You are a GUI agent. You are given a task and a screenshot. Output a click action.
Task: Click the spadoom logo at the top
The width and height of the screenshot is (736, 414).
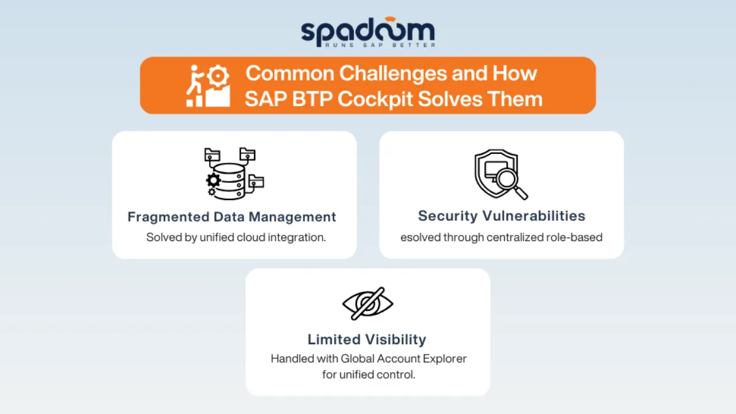click(368, 32)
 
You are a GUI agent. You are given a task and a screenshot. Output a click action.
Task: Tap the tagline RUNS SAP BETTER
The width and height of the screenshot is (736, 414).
click(380, 45)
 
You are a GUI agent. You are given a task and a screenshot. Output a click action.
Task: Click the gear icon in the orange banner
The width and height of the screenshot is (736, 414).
click(218, 76)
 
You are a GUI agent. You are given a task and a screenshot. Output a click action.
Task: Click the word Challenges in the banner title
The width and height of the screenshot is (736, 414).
click(393, 73)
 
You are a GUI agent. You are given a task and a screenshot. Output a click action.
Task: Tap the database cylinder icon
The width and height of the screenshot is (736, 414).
click(229, 182)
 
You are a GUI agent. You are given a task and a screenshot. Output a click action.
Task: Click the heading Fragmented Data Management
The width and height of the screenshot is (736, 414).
click(232, 217)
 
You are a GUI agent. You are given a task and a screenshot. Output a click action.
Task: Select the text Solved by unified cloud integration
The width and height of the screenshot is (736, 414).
click(236, 237)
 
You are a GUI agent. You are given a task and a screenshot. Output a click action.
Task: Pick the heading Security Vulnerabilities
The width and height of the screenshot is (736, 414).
click(502, 216)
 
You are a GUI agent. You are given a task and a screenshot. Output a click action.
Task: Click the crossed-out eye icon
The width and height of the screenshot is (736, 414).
click(367, 303)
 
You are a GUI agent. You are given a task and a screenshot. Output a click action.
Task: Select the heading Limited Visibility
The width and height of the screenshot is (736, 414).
click(367, 339)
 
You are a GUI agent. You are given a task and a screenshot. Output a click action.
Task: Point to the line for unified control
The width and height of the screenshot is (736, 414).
click(369, 375)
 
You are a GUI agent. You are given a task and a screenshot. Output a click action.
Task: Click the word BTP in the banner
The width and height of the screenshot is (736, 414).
click(312, 99)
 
